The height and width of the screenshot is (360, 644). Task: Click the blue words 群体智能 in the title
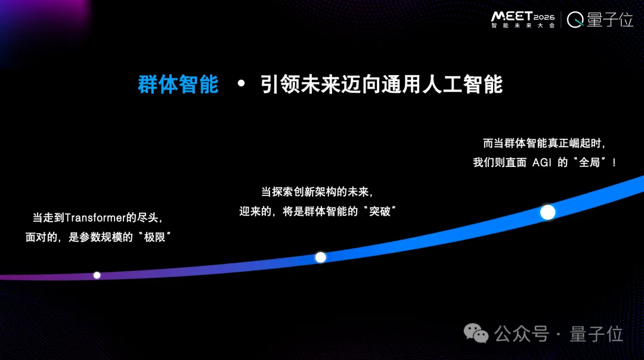[x=178, y=85]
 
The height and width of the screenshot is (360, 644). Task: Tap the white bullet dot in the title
[x=241, y=84]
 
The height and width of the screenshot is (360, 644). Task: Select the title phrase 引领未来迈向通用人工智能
[x=382, y=85]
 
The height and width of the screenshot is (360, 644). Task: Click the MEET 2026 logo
[x=522, y=16]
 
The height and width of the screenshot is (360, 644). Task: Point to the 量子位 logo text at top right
[x=609, y=20]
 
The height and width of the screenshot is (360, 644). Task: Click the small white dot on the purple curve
[x=97, y=275]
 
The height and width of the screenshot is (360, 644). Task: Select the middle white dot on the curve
[x=320, y=257]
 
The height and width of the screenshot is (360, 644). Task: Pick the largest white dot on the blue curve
[x=547, y=212]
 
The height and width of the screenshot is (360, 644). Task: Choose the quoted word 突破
[x=379, y=211]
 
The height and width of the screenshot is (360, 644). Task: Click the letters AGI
[x=541, y=162]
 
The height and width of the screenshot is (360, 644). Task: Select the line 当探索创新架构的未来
[x=317, y=192]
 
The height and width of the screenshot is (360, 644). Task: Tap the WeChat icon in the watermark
[x=476, y=334]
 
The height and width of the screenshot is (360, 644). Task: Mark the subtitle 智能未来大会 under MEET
[x=522, y=26]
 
